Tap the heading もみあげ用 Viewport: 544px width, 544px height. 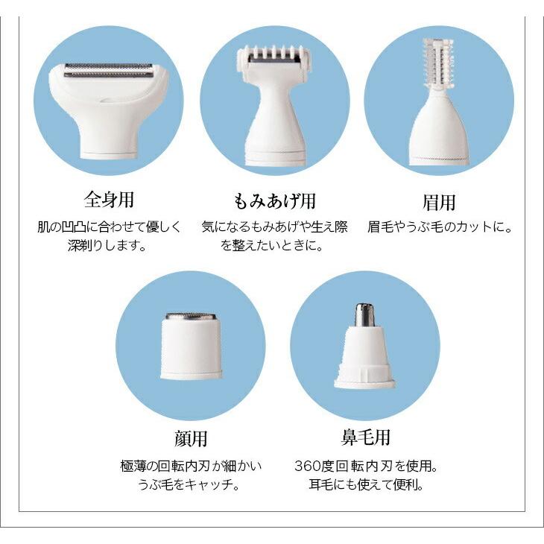(274, 200)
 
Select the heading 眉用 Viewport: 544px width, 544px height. (438, 202)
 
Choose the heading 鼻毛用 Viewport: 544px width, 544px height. (365, 437)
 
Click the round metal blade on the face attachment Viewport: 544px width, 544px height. (191, 317)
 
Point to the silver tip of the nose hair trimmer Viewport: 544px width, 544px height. (364, 315)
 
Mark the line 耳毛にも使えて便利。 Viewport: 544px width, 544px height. (365, 485)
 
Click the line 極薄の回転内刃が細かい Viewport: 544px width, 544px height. (191, 466)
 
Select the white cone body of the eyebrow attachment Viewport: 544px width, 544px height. (439, 134)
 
